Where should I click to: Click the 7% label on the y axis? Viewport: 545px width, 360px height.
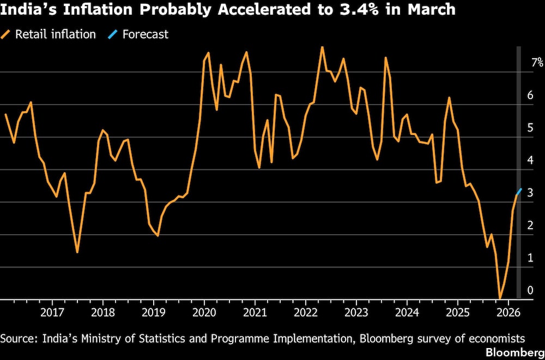(537, 62)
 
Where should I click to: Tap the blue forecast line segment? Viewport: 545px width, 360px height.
(519, 192)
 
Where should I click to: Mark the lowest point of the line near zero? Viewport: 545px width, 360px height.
(500, 298)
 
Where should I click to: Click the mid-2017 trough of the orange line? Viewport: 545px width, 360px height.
(77, 252)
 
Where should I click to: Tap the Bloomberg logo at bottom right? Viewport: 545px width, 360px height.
(515, 352)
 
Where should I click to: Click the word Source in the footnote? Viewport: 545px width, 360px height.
(16, 338)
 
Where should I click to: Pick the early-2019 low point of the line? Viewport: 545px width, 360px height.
(158, 235)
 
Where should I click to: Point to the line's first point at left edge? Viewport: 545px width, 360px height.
(5, 114)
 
